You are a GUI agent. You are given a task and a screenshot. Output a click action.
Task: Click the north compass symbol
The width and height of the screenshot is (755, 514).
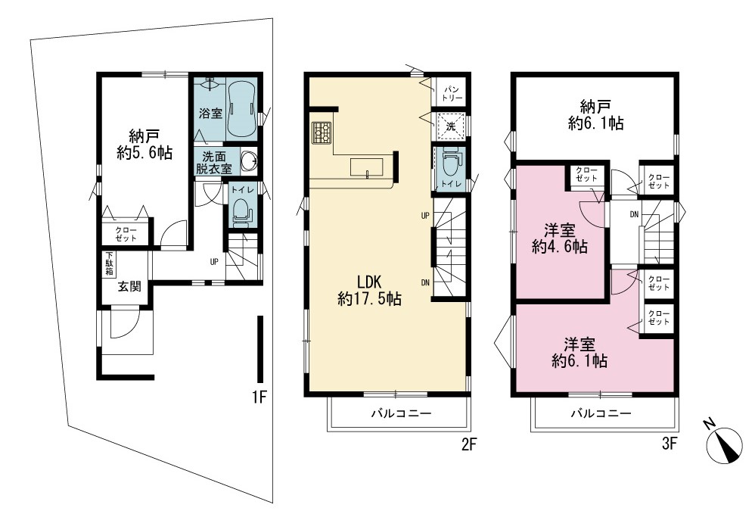pos(723,444)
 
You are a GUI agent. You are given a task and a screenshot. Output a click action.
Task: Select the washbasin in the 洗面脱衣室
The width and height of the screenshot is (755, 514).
pos(249,161)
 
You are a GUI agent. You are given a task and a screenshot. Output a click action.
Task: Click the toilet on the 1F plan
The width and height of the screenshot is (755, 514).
pos(241,212)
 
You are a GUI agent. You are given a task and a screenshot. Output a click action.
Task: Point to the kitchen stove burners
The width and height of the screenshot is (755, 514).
pos(322,132)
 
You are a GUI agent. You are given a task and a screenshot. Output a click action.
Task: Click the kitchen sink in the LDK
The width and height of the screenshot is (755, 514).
pos(367,167)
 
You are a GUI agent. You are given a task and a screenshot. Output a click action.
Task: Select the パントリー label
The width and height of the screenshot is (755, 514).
pos(453,93)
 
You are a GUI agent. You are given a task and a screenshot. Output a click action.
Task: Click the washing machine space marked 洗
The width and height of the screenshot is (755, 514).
pos(451,126)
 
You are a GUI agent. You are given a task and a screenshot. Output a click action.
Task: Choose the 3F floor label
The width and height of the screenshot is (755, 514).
pos(669,443)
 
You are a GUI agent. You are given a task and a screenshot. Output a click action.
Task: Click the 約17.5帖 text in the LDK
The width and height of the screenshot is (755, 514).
pos(369,299)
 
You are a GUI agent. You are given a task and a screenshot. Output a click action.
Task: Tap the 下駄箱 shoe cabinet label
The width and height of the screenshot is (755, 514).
pos(109,264)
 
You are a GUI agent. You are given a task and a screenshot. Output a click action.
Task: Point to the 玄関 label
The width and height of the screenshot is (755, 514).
pos(129,286)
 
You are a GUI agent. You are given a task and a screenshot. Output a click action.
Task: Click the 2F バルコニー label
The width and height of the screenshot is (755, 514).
pos(401,413)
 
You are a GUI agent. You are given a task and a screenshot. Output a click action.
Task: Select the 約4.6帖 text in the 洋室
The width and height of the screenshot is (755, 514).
pos(560,247)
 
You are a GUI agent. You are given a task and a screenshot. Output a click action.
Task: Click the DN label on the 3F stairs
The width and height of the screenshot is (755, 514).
pos(634,214)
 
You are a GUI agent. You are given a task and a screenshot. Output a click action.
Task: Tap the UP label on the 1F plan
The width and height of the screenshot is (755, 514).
pos(214,262)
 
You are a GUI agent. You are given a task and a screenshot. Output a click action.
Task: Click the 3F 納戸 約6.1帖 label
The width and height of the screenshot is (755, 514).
pos(595,114)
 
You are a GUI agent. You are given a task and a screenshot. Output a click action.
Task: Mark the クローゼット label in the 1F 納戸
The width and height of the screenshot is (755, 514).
pos(126,234)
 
